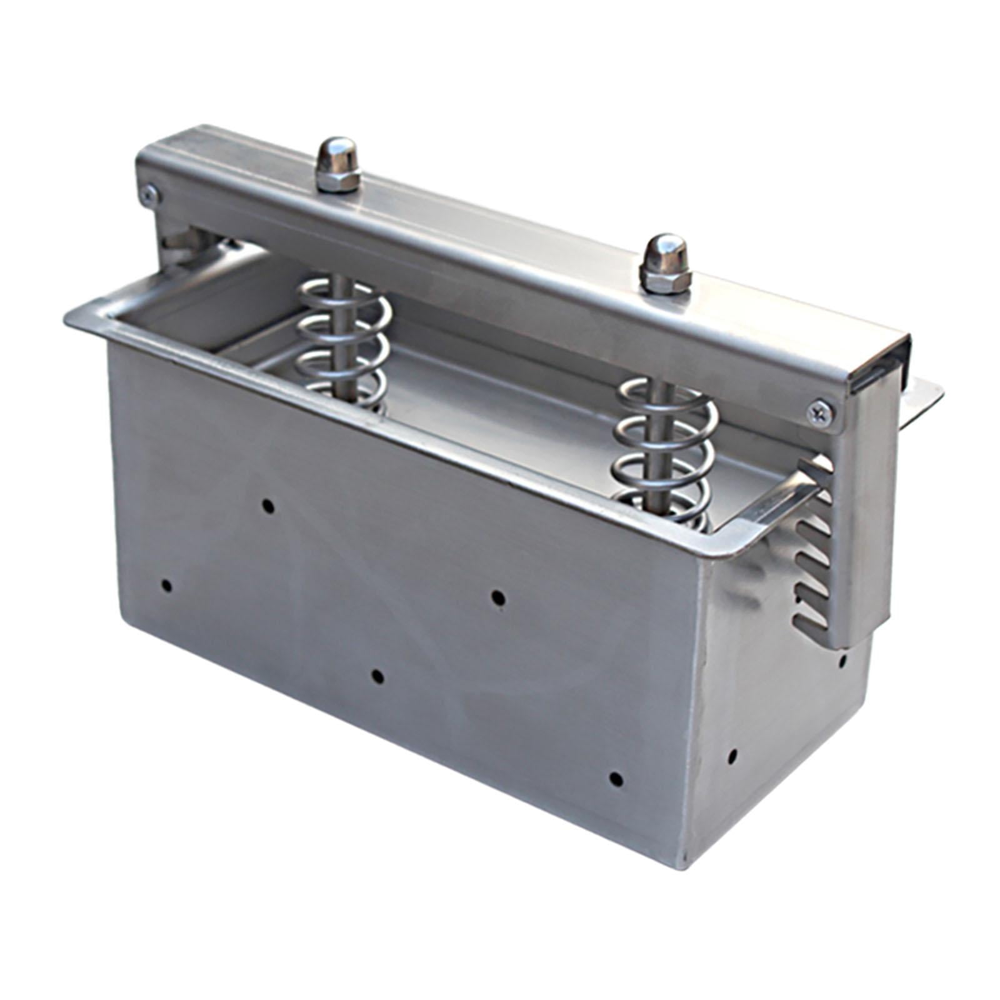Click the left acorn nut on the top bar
click(x=338, y=165)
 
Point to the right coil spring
click(x=666, y=450)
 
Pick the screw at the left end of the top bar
click(x=149, y=194)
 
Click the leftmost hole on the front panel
click(x=166, y=586)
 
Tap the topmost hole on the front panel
click(x=268, y=505)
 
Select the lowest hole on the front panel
click(x=616, y=779)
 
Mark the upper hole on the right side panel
click(x=842, y=659)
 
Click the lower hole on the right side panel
click(x=732, y=756)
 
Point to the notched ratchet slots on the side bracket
click(x=812, y=562)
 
